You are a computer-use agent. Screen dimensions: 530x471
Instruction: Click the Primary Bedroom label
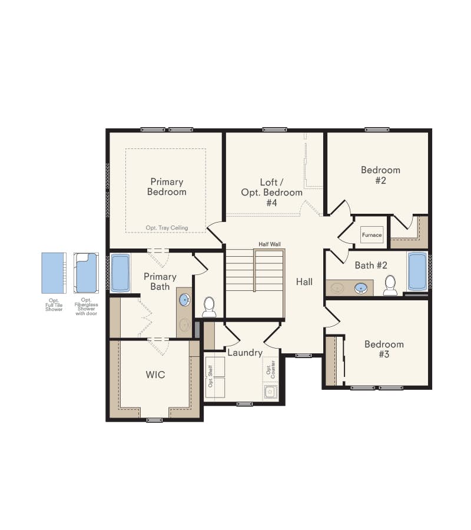point(167,187)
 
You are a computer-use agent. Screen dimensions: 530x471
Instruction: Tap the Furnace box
point(372,235)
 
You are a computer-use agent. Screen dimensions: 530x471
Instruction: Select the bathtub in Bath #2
point(417,271)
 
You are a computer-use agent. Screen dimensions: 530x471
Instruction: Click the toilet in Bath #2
point(390,285)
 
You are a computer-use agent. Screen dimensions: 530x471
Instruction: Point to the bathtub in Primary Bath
point(121,272)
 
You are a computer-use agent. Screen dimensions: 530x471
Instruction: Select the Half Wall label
point(269,244)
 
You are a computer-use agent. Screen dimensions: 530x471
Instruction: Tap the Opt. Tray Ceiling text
point(167,228)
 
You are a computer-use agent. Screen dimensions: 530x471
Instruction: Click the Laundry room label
point(244,353)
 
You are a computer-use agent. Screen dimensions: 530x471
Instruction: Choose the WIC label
point(155,374)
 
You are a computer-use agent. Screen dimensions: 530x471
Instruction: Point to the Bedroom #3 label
point(384,349)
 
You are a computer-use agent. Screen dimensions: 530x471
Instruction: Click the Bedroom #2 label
point(380,175)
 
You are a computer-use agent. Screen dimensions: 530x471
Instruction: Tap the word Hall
point(304,282)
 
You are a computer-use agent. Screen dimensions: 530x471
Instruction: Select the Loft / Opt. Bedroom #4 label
point(272,193)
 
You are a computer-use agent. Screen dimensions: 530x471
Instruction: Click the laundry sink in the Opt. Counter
point(270,390)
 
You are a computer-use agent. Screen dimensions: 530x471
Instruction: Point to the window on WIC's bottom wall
point(154,419)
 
